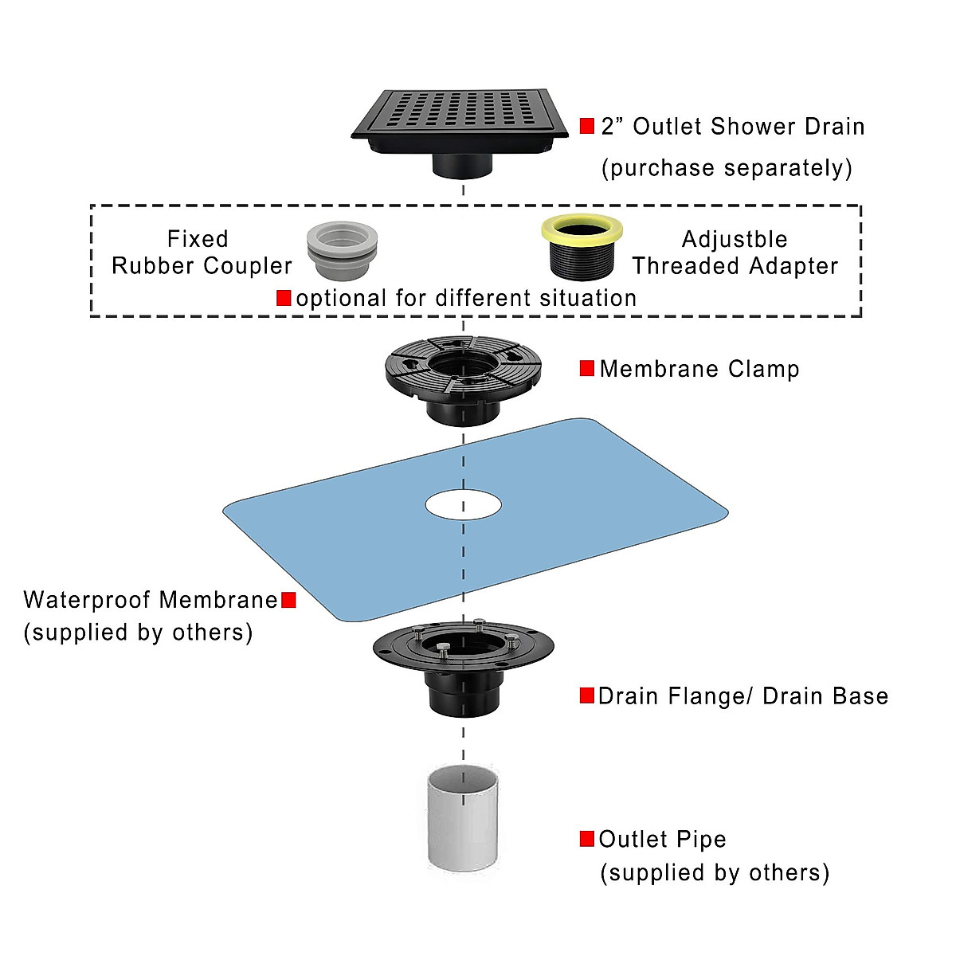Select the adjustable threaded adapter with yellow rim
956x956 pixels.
tap(582, 247)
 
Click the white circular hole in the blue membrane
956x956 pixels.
tap(464, 505)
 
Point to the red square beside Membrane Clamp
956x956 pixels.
tap(587, 369)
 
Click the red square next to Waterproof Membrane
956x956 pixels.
tap(288, 600)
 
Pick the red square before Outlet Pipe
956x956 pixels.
tap(587, 839)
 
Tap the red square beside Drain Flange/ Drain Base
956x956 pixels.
tap(587, 695)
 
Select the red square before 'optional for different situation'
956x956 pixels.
tap(284, 298)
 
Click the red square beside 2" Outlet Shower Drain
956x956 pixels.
tap(587, 126)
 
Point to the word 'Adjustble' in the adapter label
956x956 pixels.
tap(735, 240)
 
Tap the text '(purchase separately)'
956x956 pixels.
tap(727, 168)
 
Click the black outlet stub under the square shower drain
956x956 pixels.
tap(462, 165)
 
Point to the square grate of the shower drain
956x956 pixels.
tap(460, 115)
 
